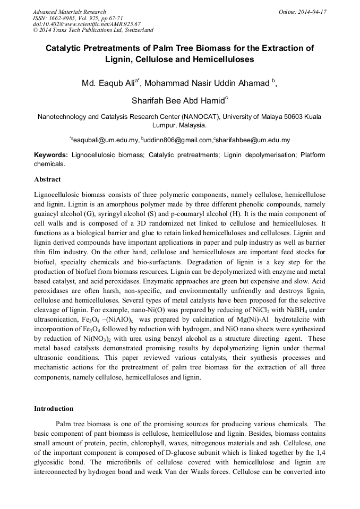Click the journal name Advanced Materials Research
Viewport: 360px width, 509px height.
[x=69, y=12]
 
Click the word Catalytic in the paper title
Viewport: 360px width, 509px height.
[x=66, y=48]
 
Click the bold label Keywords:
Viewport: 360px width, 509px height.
[x=51, y=155]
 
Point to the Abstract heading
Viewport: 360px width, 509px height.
[x=47, y=179]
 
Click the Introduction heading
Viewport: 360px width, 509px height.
[x=54, y=409]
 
